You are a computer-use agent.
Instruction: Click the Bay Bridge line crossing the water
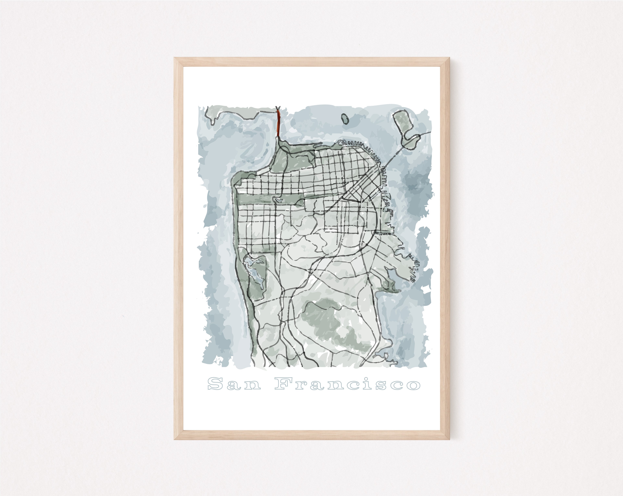393,156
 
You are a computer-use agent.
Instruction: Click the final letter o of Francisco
413,385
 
